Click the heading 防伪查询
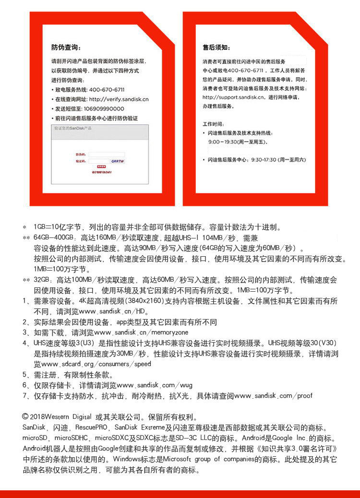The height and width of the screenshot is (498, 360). click(66, 47)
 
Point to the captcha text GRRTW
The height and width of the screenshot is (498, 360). click(118, 162)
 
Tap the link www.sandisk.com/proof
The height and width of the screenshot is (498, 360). click(273, 396)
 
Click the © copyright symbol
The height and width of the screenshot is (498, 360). click(25, 417)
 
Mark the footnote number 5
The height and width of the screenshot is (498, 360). click(24, 375)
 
